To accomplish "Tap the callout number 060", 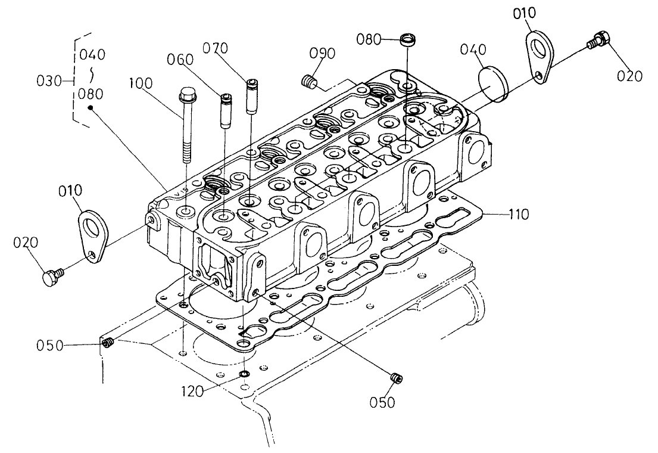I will coord(180,59).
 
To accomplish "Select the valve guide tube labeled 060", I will coord(226,111).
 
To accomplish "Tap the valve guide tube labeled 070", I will coord(253,95).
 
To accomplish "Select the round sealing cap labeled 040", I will coord(493,83).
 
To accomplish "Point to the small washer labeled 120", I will coord(244,375).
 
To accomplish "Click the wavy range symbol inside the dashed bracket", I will coord(91,74).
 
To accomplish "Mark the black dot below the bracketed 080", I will coord(90,108).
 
